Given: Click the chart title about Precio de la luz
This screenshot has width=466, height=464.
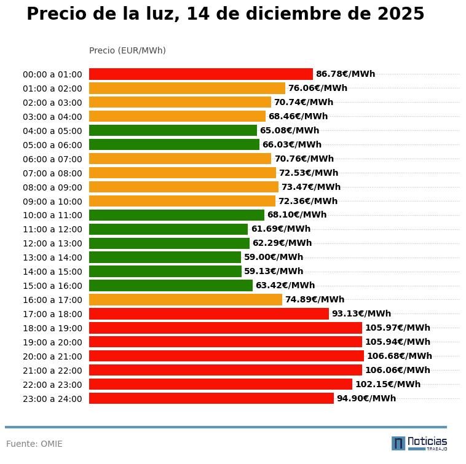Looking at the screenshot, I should pos(225,14).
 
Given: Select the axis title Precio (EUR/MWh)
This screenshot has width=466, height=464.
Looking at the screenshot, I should pos(127,50).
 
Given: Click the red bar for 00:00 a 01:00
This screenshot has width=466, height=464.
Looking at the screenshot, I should pos(200,74).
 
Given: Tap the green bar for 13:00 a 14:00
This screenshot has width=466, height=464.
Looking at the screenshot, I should pos(165,258).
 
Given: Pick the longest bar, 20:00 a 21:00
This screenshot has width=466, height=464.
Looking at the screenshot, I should pos(226,356).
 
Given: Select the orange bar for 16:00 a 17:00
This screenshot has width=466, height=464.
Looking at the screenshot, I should pos(185,300).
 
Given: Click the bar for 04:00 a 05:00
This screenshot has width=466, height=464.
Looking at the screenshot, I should pos(173,130).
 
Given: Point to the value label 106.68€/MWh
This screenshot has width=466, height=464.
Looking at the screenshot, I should pos(399,356).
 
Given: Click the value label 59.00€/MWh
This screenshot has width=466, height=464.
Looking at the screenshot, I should pos(273,258).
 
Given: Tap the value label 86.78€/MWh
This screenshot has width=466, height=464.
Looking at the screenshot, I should pos(345,74).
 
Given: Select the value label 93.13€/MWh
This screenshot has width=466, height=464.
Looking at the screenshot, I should pos(361,314).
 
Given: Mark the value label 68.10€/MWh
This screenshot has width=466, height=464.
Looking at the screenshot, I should pos(296,215).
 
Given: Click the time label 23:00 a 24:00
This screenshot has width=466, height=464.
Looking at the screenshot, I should pos(52,399).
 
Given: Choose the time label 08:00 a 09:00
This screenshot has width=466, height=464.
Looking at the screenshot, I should pos(52,187).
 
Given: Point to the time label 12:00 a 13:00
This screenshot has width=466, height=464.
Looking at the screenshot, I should pos(52,243).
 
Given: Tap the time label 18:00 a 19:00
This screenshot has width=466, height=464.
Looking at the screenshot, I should pos(52,328).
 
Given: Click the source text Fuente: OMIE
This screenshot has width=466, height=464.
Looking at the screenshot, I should pos(34,444).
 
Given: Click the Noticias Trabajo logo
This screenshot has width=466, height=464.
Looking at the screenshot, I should pos(419,443).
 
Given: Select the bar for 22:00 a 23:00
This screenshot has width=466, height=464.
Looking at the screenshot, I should pos(220,384).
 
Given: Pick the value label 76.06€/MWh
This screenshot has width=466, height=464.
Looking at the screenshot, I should pos(317,88).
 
